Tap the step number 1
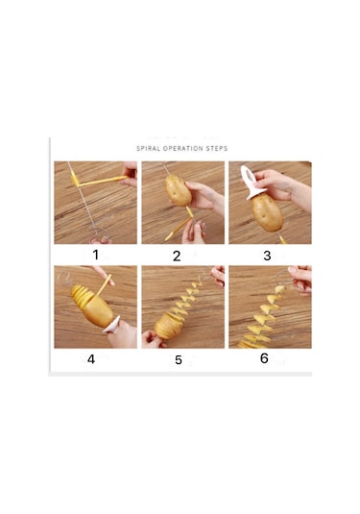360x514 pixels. pyautogui.click(x=96, y=255)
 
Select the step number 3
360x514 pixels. pyautogui.click(x=267, y=256)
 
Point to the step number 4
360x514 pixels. pyautogui.click(x=91, y=359)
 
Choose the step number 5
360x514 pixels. pyautogui.click(x=179, y=361)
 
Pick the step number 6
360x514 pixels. pyautogui.click(x=264, y=358)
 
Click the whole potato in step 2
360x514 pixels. pyautogui.click(x=177, y=192)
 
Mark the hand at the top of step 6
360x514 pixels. pyautogui.click(x=300, y=278)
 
